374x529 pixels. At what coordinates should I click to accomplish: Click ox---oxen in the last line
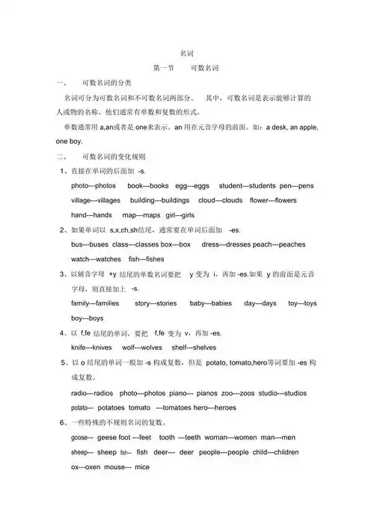pyautogui.click(x=86, y=467)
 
